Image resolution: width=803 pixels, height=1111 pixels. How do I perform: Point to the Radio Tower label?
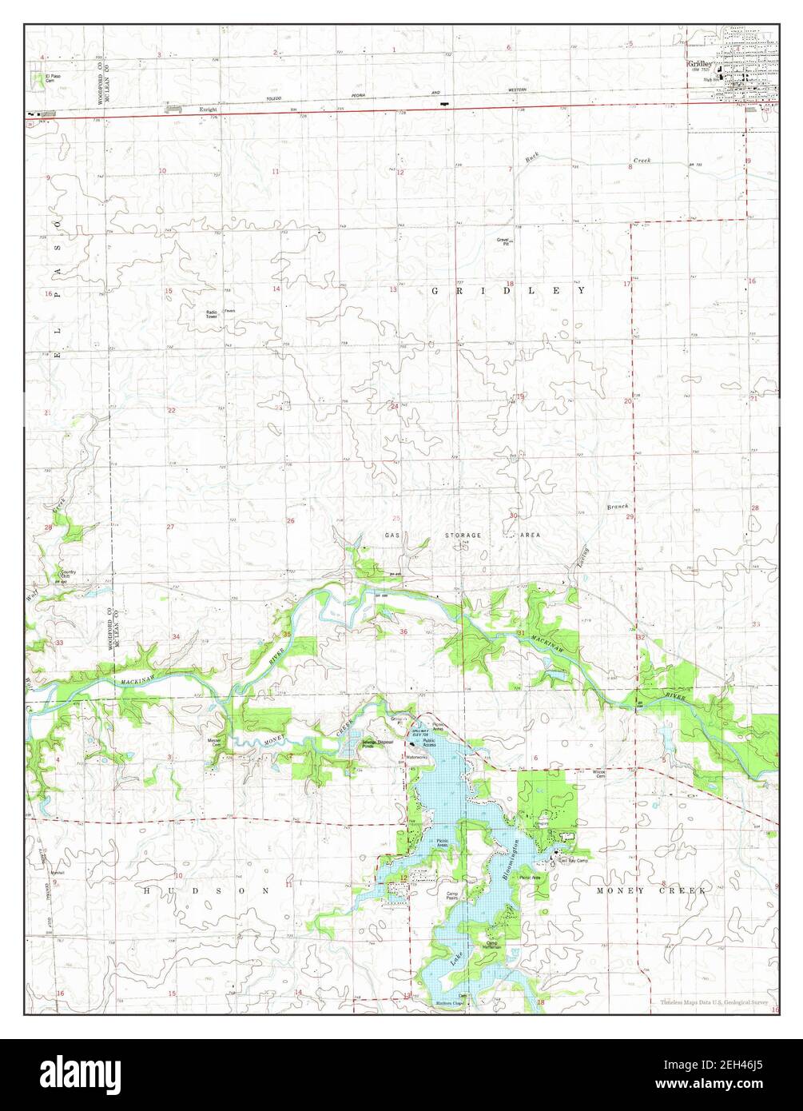(x=212, y=314)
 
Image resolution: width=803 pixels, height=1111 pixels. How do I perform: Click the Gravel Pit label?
(x=503, y=240)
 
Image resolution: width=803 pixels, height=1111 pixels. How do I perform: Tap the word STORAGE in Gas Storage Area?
(x=463, y=535)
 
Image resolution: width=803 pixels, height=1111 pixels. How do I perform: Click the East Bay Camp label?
(x=573, y=861)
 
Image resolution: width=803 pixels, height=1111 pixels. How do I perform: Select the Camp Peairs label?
(x=451, y=896)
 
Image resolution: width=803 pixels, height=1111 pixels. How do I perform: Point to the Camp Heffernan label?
(x=497, y=945)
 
